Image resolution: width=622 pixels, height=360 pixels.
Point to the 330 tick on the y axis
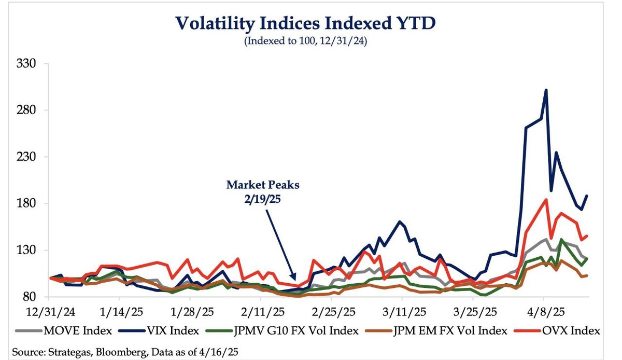pyautogui.click(x=25, y=64)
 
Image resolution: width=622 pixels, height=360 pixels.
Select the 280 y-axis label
pyautogui.click(x=25, y=110)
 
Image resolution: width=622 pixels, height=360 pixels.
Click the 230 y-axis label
pyautogui.click(x=25, y=157)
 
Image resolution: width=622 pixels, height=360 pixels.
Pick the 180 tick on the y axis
pyautogui.click(x=25, y=203)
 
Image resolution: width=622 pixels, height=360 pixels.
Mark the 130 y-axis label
pyautogui.click(x=25, y=250)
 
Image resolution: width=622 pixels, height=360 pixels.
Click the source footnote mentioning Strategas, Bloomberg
pyautogui.click(x=124, y=352)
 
